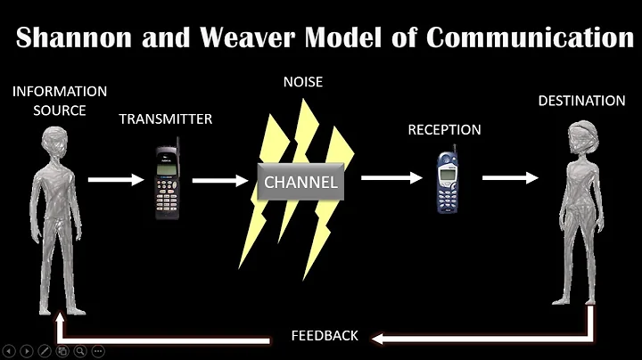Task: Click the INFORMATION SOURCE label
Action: (60, 101)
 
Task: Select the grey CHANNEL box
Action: (300, 183)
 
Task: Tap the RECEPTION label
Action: (444, 130)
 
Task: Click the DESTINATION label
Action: (581, 101)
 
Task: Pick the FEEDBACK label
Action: (325, 336)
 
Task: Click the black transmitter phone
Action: (165, 178)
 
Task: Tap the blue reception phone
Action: (447, 182)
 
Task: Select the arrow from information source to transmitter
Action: (116, 179)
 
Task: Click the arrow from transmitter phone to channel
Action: (220, 181)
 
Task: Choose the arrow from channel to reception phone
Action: (391, 178)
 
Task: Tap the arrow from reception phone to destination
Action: (510, 177)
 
